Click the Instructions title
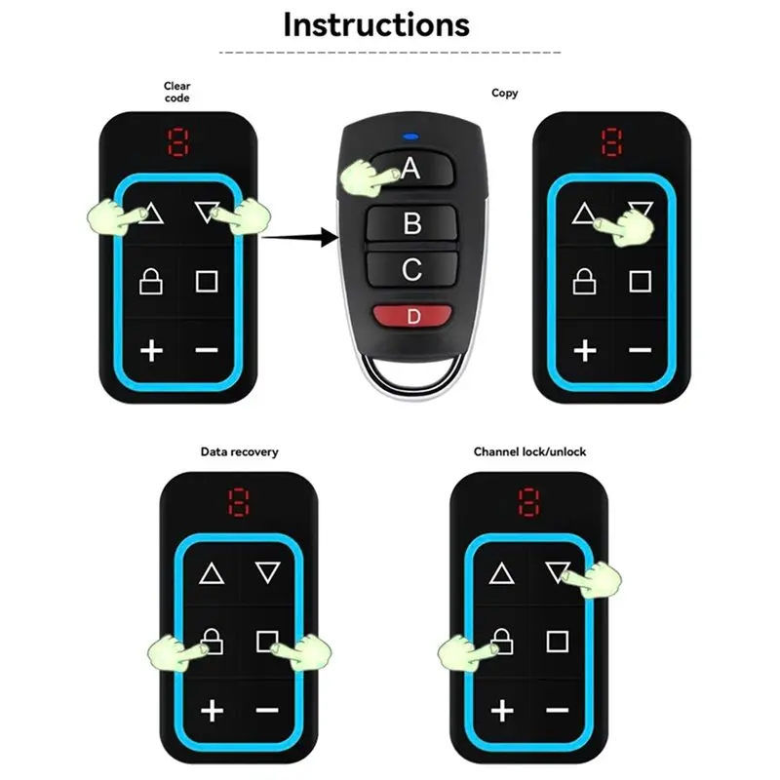[376, 25]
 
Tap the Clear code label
[177, 92]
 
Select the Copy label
[504, 93]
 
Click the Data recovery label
[239, 451]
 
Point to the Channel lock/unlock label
[529, 451]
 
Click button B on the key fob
[411, 223]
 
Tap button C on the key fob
[411, 269]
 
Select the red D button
[412, 316]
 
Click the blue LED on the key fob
[410, 136]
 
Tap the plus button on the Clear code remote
[151, 351]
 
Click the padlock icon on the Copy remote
[584, 282]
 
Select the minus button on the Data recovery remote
[267, 710]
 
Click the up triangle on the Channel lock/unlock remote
[501, 573]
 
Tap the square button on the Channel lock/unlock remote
[557, 642]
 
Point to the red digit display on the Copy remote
[611, 142]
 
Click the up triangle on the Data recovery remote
[212, 573]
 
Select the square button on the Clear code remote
[207, 282]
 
